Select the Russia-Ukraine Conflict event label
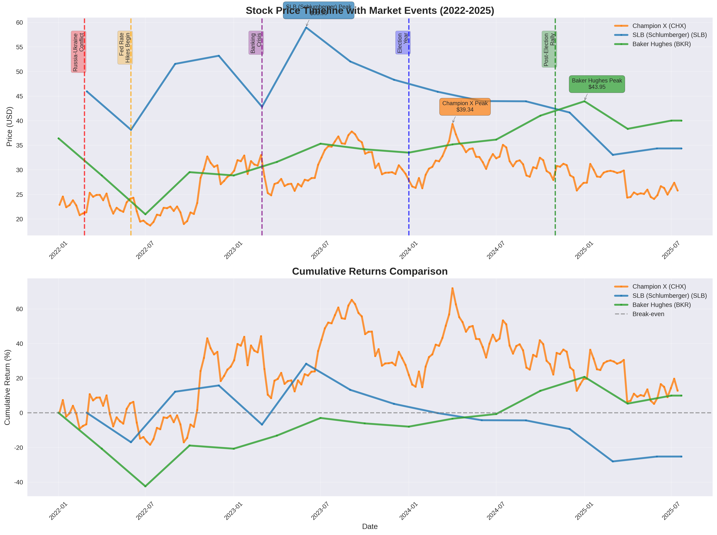tap(78, 52)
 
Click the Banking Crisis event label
tap(256, 43)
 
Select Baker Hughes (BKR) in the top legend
tap(661, 44)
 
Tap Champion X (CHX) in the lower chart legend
tap(659, 287)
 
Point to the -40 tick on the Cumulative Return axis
tap(18, 482)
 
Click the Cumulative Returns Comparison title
tap(370, 271)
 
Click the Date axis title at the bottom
tap(370, 527)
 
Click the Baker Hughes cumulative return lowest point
tap(145, 486)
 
